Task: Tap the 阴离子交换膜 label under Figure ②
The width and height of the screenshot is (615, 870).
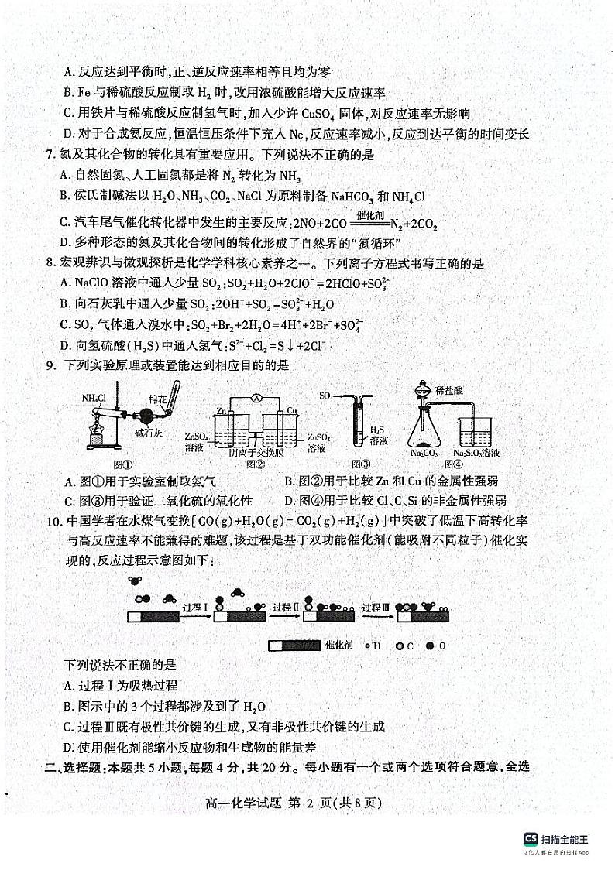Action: pyautogui.click(x=254, y=451)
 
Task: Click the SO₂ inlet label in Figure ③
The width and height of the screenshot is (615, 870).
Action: pyautogui.click(x=327, y=396)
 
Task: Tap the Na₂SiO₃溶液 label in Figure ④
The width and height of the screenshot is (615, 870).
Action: pyautogui.click(x=476, y=453)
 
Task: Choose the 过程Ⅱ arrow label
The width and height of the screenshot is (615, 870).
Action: pyautogui.click(x=285, y=608)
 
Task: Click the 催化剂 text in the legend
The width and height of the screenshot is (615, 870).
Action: pyautogui.click(x=340, y=644)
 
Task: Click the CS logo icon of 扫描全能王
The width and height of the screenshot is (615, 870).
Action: pyautogui.click(x=530, y=839)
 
